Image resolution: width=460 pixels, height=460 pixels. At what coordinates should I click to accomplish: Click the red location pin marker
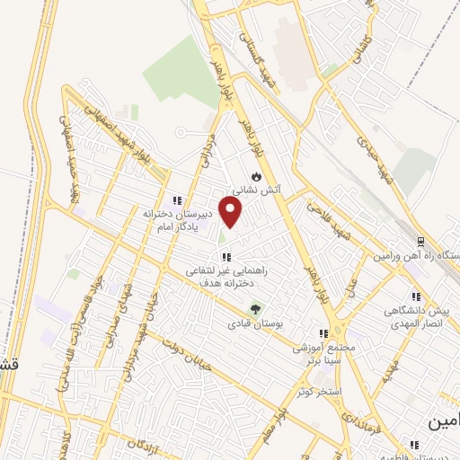[232, 211]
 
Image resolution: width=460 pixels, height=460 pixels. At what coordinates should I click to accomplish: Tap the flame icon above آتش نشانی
[257, 176]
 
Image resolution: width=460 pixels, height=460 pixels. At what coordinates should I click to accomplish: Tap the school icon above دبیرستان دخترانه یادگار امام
[177, 199]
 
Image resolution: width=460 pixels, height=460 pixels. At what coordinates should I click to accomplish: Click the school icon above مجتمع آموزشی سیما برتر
[323, 333]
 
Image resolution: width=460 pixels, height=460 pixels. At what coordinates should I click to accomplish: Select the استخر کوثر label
[320, 392]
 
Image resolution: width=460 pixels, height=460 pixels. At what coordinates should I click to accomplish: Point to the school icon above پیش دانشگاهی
[416, 296]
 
